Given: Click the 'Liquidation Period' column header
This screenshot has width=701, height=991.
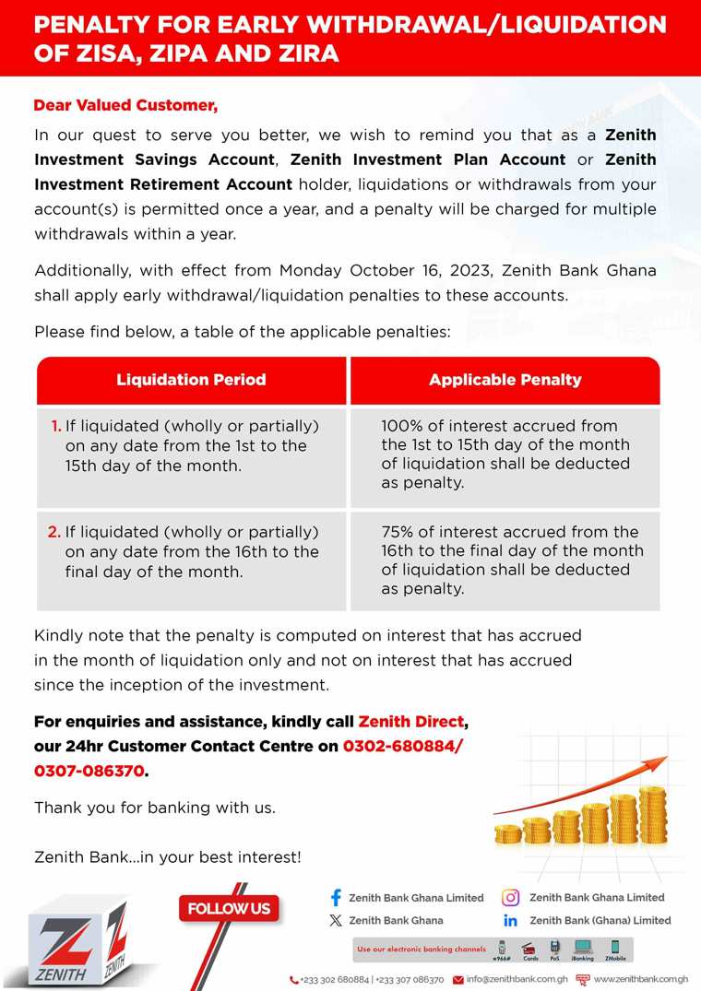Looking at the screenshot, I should click(191, 380).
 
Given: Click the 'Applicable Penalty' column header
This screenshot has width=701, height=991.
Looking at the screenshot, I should click(505, 380).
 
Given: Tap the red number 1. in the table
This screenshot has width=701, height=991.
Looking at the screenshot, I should click(56, 426).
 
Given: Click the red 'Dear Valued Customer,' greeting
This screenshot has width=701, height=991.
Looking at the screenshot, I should click(125, 105).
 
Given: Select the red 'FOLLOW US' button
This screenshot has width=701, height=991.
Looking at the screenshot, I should click(229, 909).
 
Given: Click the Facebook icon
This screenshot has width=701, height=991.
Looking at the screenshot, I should click(336, 897).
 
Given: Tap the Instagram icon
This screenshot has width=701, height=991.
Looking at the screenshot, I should click(510, 897).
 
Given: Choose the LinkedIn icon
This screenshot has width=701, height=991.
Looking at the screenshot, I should click(510, 920).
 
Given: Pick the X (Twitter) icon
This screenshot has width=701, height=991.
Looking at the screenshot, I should click(336, 920).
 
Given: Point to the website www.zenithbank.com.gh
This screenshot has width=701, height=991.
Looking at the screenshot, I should click(640, 979).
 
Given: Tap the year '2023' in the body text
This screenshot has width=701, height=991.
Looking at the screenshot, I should click(466, 271).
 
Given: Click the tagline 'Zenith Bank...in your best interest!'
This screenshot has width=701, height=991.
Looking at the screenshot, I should click(167, 857).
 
